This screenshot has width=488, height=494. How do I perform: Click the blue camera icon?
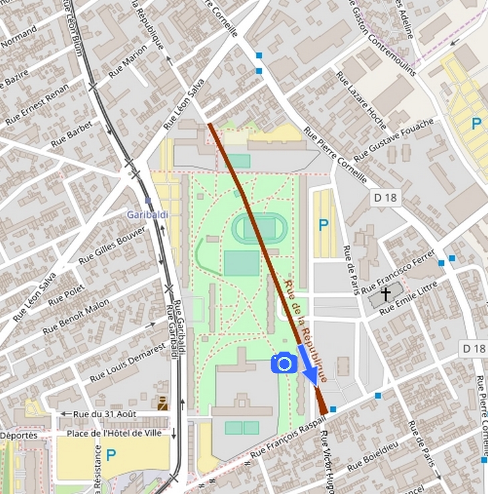[284, 363]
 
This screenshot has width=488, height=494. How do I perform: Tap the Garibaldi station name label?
[146, 215]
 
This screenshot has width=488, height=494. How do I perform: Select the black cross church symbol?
[385, 294]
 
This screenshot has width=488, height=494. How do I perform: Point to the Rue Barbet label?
[72, 134]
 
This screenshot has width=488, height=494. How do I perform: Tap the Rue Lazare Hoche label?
[361, 100]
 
